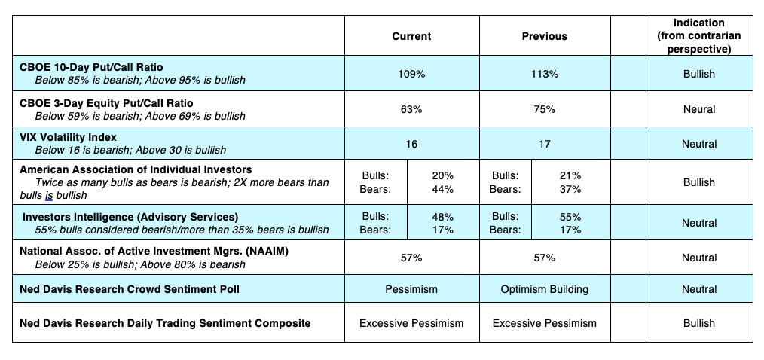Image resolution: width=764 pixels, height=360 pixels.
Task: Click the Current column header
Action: pos(411,36)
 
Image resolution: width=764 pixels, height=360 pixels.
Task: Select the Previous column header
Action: pos(544,36)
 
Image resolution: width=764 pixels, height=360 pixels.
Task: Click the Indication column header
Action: pos(698,35)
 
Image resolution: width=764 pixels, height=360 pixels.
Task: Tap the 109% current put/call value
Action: pos(411,74)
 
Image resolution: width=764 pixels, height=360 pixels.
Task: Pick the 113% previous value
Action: pos(544,74)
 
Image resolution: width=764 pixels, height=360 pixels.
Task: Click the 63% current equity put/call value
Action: pos(411,109)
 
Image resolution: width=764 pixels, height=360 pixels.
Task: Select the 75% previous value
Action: pos(544,109)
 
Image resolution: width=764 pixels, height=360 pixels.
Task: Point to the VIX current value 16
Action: pos(411,144)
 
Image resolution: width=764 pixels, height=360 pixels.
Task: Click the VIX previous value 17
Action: pos(544,144)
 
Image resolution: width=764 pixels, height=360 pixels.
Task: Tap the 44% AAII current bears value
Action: pos(442,189)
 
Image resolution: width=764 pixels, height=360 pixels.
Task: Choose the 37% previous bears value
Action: pos(570,189)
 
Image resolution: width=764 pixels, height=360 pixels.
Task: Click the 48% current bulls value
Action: pos(442,217)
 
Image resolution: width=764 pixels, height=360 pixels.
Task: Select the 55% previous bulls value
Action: pos(570,217)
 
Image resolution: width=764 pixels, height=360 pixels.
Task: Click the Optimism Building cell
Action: pos(544,289)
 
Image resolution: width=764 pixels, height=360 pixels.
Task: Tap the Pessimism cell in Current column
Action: pos(411,289)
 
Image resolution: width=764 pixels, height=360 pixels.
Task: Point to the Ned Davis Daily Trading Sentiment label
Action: pos(165,323)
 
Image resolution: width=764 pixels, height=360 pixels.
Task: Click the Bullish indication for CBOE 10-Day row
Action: pos(698,74)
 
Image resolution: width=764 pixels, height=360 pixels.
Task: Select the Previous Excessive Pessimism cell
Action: pos(544,323)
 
